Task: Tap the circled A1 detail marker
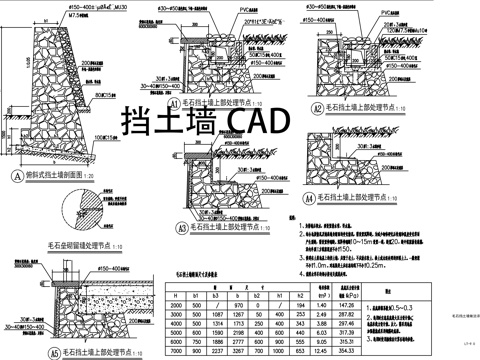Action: click(173, 103)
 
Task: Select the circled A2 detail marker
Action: click(318, 108)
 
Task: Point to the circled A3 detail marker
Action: click(181, 229)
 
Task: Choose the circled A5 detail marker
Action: click(53, 353)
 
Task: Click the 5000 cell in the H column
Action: click(176, 333)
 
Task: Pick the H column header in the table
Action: click(176, 297)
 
